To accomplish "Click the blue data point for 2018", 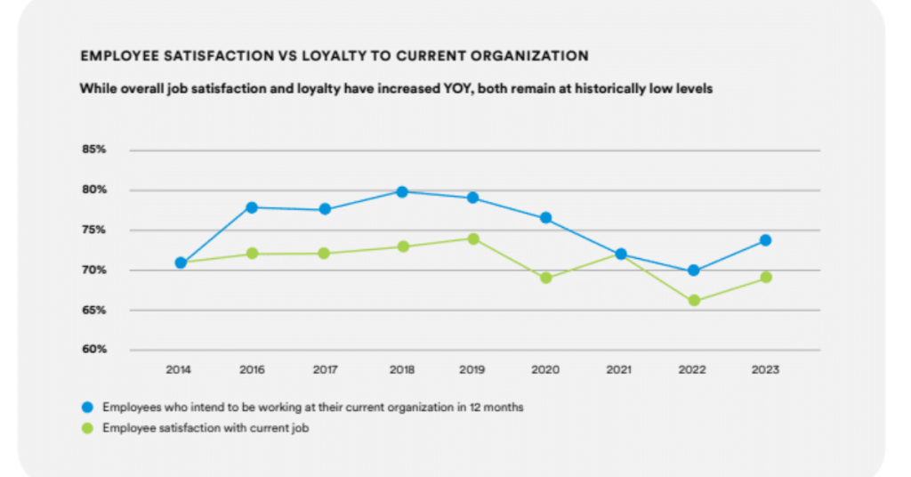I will [401, 191].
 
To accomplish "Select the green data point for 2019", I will [473, 238].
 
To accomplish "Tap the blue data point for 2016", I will [252, 207].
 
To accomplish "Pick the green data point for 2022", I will [693, 301].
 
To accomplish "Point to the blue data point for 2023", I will [765, 240].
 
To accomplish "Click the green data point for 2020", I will [546, 278].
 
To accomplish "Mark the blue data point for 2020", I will [546, 218].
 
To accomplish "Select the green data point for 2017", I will [325, 254].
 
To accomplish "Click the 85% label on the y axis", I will [93, 150].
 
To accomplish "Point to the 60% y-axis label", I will [93, 349].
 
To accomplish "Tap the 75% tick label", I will [93, 230].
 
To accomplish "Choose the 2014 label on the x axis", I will [179, 369].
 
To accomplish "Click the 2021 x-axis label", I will [619, 369].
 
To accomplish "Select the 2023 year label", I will [765, 369].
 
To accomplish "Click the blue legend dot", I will [87, 408].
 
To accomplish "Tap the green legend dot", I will [87, 428].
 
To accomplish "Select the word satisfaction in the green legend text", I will [188, 428].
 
